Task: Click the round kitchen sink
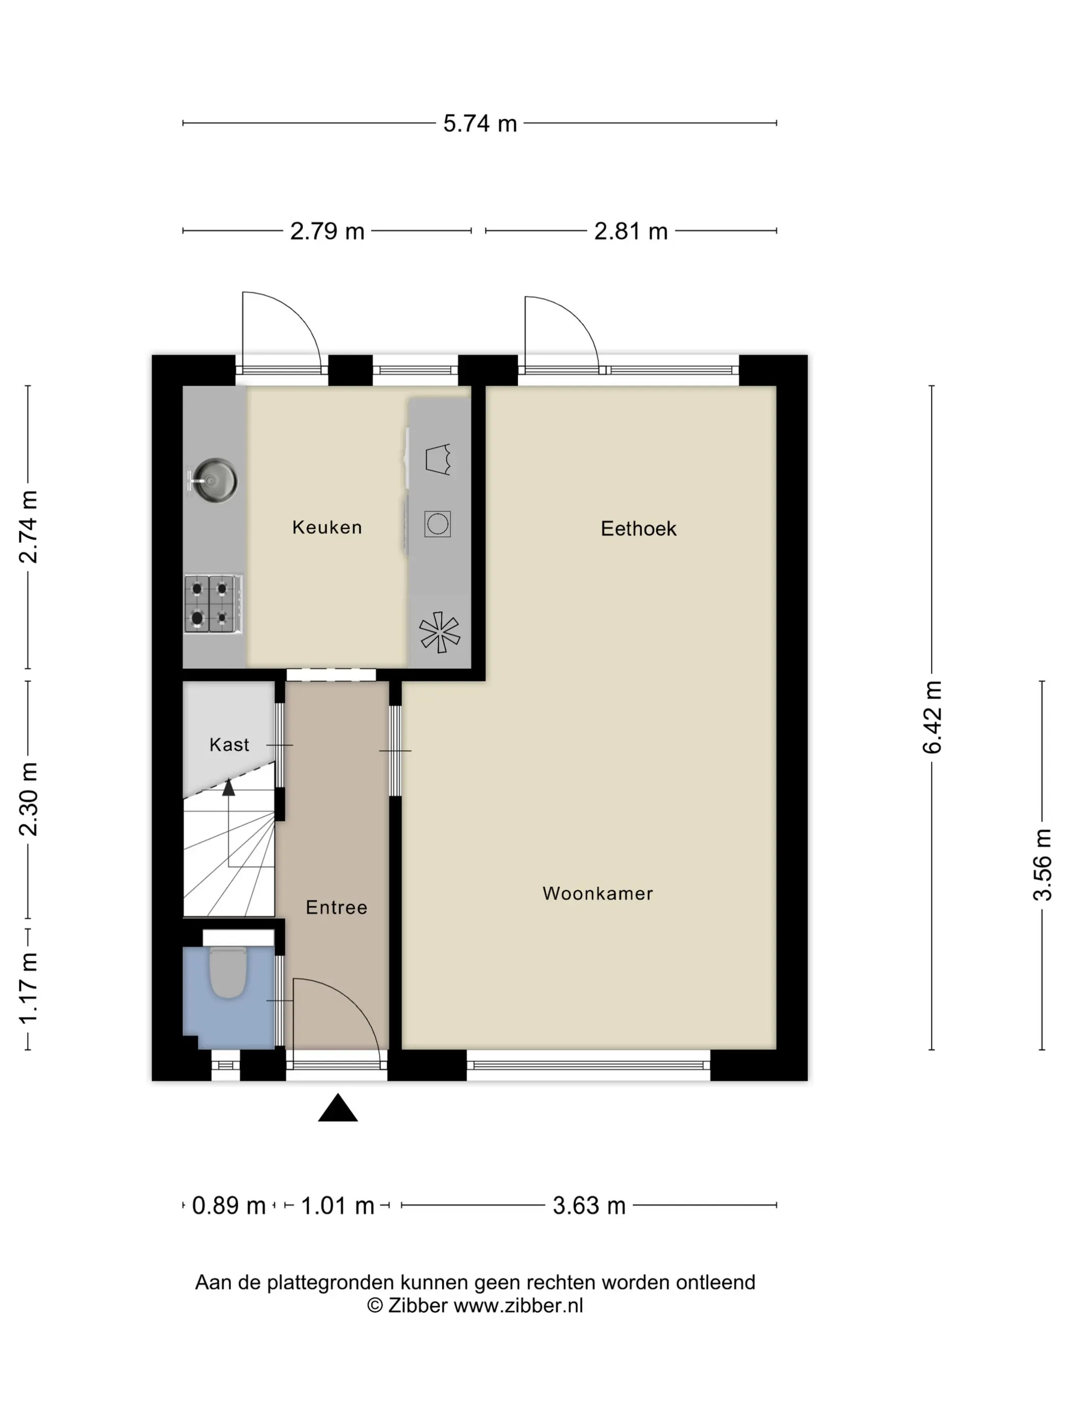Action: pos(215,480)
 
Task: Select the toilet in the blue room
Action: pos(228,971)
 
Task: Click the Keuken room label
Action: pos(327,527)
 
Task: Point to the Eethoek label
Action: pos(638,528)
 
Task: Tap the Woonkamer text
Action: pos(597,893)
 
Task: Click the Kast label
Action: pos(229,745)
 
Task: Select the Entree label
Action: pos(336,907)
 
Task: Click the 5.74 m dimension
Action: pos(479,123)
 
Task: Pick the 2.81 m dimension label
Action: pos(630,231)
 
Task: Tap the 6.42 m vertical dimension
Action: pos(932,717)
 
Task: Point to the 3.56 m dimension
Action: pos(1042,864)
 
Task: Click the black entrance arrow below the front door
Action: pos(337,1108)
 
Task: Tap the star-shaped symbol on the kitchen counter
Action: pos(439,631)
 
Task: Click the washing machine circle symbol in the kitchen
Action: pos(437,523)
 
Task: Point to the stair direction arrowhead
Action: pos(228,787)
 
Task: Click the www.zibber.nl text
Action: pos(518,1306)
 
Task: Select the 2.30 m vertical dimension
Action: pos(29,799)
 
